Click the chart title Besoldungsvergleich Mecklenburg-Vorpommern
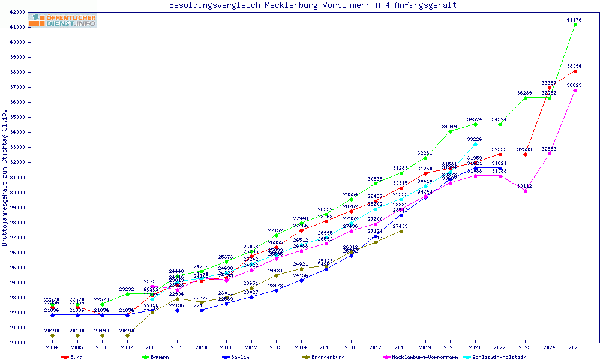313,5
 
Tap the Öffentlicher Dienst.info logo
62,20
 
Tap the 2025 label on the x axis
575,347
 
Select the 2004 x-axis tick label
52,347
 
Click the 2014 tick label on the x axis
301,347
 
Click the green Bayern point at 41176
575,25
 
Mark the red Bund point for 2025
575,71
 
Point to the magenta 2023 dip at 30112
525,191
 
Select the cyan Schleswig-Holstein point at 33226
475,144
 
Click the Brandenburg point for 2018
401,231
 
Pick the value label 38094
575,66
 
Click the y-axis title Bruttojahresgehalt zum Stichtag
5,178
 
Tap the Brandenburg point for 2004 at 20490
53,335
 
